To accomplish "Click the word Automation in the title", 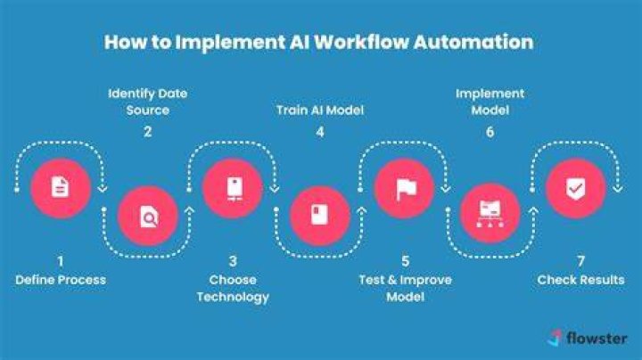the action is coord(473,42).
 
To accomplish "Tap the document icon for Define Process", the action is coord(61,187).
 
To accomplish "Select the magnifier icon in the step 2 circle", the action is coord(149,217).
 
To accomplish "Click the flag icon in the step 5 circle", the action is coord(407,190).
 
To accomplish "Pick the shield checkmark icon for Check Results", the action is coord(576,190).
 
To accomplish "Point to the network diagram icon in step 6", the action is coord(490,214).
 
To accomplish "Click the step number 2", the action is coord(148,132).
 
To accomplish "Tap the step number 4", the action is coord(320,132).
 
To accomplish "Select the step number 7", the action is coord(580,261).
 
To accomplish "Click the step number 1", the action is coord(61,261).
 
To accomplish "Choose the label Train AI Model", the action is coord(320,110).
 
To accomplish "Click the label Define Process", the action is coord(61,280).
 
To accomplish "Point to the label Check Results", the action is coord(580,280).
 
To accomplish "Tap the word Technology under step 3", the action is coord(233,297).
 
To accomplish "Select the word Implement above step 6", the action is coord(490,94).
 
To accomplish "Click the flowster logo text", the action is coord(597,339).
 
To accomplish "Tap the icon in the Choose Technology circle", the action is coord(235,189).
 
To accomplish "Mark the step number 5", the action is coord(406,261).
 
